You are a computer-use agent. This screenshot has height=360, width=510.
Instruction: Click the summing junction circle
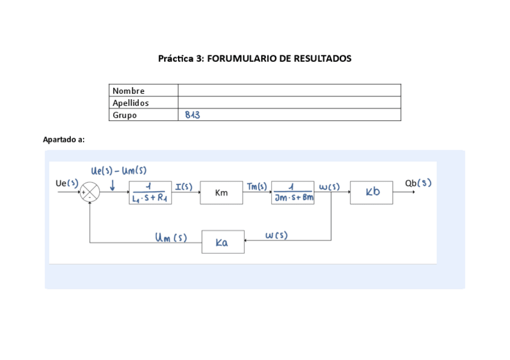click(x=90, y=192)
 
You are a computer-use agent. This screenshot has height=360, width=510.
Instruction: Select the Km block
click(x=221, y=193)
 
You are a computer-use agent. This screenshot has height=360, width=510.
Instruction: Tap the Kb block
click(x=372, y=192)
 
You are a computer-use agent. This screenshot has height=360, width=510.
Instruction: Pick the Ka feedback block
click(x=223, y=242)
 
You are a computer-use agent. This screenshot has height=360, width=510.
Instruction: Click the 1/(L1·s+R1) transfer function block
click(x=150, y=193)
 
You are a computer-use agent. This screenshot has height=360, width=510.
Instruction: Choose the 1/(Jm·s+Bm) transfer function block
click(x=293, y=193)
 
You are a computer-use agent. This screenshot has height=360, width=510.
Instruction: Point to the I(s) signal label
click(x=183, y=186)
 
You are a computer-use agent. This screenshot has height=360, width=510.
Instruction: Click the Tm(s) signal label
click(x=257, y=186)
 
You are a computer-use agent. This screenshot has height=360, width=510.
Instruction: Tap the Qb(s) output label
click(x=418, y=183)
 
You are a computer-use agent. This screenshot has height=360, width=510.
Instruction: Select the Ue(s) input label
click(x=67, y=183)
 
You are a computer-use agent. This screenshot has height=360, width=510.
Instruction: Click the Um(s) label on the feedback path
click(x=171, y=238)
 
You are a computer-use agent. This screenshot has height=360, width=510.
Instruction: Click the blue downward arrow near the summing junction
click(x=112, y=186)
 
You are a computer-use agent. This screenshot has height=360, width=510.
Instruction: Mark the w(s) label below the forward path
click(x=276, y=236)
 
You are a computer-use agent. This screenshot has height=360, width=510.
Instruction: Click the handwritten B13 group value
click(x=192, y=115)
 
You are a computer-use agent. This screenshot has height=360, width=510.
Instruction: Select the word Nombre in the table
click(x=129, y=91)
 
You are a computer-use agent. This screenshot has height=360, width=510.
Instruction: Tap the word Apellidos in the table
click(x=131, y=103)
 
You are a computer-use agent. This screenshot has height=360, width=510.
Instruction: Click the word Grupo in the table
click(x=124, y=115)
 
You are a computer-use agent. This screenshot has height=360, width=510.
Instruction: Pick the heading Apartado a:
click(x=64, y=139)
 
